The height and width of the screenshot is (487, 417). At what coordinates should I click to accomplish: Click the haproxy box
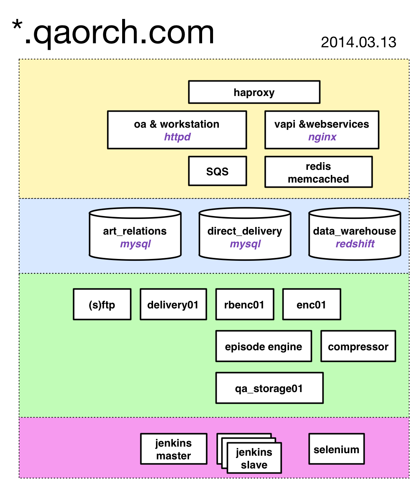tap(254, 92)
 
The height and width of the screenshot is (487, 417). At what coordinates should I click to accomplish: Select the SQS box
tap(217, 171)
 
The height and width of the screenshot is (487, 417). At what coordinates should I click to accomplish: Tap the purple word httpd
tap(177, 137)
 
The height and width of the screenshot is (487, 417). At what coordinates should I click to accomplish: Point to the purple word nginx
tap(322, 137)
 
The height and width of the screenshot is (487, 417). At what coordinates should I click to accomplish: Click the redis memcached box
tap(318, 172)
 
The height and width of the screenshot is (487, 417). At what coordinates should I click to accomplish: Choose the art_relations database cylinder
tap(135, 234)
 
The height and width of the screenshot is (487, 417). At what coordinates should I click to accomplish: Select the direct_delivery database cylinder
tap(245, 234)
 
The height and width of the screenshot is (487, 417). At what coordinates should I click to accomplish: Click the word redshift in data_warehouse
tap(354, 244)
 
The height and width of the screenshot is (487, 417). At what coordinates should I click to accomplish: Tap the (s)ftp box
tap(102, 304)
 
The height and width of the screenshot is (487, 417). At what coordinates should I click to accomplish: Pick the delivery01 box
tap(173, 304)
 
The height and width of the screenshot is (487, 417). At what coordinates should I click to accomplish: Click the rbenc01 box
tap(245, 304)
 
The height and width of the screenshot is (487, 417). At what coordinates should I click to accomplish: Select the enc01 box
tap(311, 304)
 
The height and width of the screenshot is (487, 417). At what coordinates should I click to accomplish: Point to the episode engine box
tap(264, 346)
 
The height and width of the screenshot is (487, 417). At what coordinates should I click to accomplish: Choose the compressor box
tap(358, 346)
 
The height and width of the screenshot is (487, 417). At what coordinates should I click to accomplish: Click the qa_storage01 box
tap(269, 388)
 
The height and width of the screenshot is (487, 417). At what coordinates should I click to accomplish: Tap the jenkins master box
tap(173, 449)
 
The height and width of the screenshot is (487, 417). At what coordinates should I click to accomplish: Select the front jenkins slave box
tap(254, 458)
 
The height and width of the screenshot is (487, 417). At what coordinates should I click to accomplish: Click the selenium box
tap(336, 449)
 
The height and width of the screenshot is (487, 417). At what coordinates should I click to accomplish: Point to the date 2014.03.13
tap(358, 43)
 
